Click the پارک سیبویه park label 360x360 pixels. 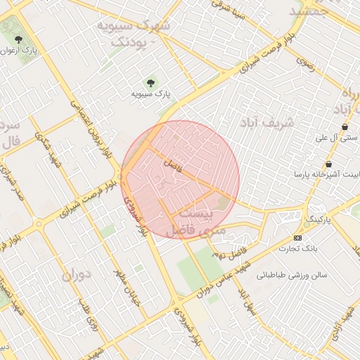coord(151,93)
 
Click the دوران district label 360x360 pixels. coord(77,274)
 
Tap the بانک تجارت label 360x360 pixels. coord(298,248)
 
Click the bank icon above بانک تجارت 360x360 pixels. coord(298,238)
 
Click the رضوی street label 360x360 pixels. coord(303,63)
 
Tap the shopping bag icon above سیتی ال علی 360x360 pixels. coord(345,127)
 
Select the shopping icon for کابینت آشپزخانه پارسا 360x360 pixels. coord(328,164)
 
